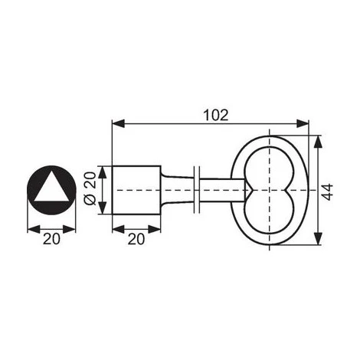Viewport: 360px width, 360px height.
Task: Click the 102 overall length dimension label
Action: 216,115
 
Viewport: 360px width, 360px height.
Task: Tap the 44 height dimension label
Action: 327,191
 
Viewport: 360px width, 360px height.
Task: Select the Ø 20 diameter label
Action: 90,188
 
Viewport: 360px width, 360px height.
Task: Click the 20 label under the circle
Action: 51,239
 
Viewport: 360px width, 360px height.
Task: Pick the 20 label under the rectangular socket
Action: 136,239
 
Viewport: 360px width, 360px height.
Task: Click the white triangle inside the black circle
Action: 51,187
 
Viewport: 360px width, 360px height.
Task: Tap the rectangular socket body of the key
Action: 136,190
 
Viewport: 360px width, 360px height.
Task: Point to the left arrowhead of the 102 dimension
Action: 119,124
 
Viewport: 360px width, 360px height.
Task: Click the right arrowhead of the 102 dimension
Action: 303,124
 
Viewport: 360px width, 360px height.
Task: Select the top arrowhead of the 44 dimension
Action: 317,142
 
